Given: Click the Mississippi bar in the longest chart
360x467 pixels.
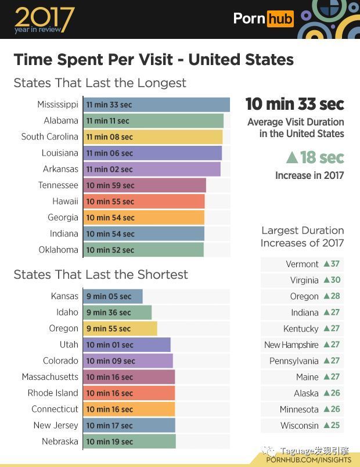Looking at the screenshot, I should pyautogui.click(x=156, y=105).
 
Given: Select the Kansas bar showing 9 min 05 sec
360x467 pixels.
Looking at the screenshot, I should pyautogui.click(x=113, y=296).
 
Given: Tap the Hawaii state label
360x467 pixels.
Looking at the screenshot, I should pyautogui.click(x=65, y=202).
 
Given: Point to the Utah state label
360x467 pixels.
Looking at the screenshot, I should pyautogui.click(x=69, y=344).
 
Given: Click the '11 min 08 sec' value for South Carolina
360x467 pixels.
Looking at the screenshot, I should pyautogui.click(x=110, y=137).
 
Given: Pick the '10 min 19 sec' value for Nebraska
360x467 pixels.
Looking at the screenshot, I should pyautogui.click(x=110, y=442).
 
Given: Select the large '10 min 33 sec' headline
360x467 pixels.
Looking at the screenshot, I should pyautogui.click(x=294, y=104).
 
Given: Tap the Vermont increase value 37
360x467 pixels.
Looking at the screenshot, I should pyautogui.click(x=334, y=264).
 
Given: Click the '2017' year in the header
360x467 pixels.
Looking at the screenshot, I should pyautogui.click(x=44, y=17).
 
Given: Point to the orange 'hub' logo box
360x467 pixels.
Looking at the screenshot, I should pyautogui.click(x=280, y=19).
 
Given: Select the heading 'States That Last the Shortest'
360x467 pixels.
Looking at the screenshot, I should pyautogui.click(x=100, y=274).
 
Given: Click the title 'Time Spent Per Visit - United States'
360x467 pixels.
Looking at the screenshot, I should pyautogui.click(x=153, y=59).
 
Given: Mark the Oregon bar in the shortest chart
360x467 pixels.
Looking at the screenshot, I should pyautogui.click(x=120, y=329).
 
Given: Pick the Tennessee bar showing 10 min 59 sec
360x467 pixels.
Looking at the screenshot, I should pyautogui.click(x=145, y=185).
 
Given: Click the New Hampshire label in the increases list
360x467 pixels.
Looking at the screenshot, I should pyautogui.click(x=291, y=345).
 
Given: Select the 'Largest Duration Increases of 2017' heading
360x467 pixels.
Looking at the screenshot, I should pyautogui.click(x=302, y=237).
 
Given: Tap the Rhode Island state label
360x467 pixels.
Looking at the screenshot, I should pyautogui.click(x=52, y=393).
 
